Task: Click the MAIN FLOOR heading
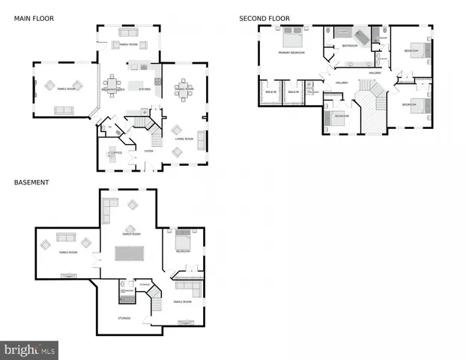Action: tap(34, 18)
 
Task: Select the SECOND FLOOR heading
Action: tap(264, 18)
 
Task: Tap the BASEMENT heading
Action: tap(31, 181)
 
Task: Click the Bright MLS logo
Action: tap(29, 349)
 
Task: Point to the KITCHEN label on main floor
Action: tap(145, 89)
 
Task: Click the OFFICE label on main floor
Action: tap(116, 153)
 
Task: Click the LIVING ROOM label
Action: tap(184, 139)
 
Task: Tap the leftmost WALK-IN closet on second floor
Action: tap(270, 92)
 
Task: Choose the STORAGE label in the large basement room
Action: tap(124, 318)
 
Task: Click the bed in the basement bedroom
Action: tap(184, 241)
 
